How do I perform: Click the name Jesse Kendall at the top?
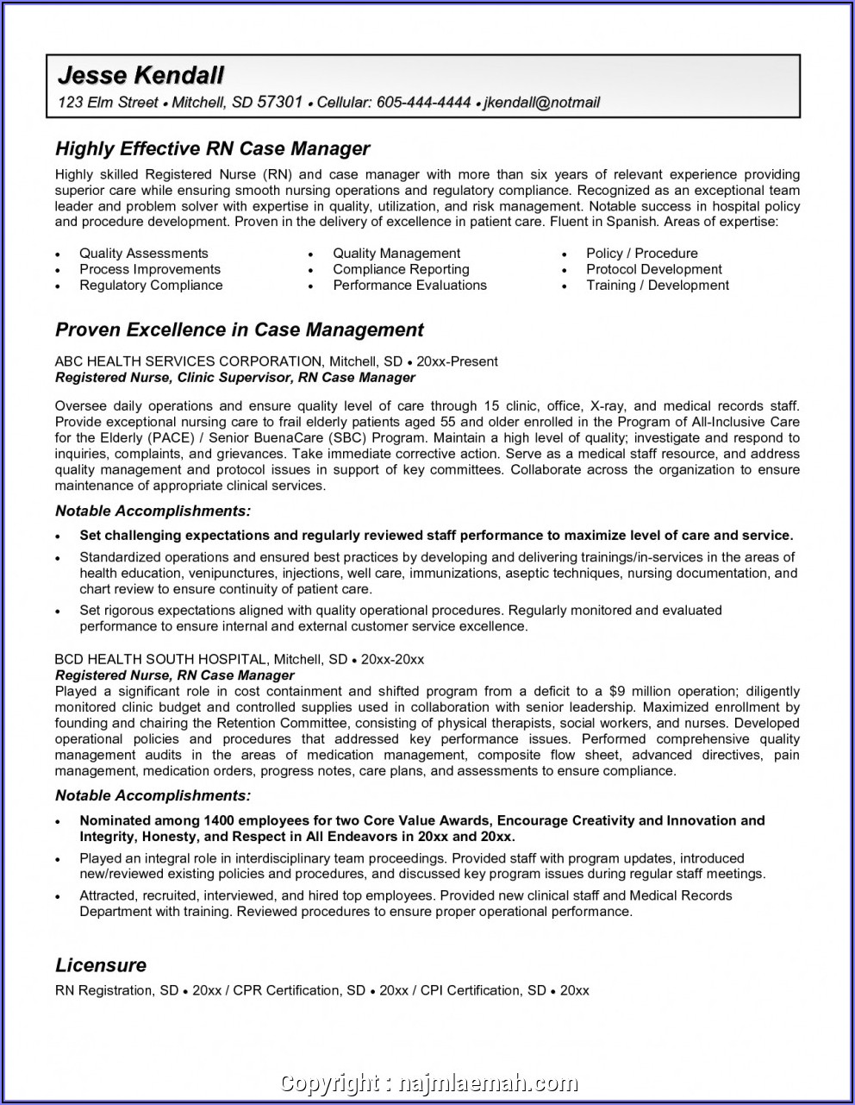tap(140, 75)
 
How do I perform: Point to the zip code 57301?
tap(280, 103)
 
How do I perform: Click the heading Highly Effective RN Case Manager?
tap(212, 149)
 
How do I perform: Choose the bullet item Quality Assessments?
tap(144, 254)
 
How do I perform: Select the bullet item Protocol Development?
tap(653, 269)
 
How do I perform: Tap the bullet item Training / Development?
tap(658, 286)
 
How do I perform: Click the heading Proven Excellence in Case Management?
tap(240, 330)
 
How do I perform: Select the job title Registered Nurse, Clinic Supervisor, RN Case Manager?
tap(235, 378)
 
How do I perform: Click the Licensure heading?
tap(101, 965)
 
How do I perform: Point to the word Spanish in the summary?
tap(633, 222)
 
